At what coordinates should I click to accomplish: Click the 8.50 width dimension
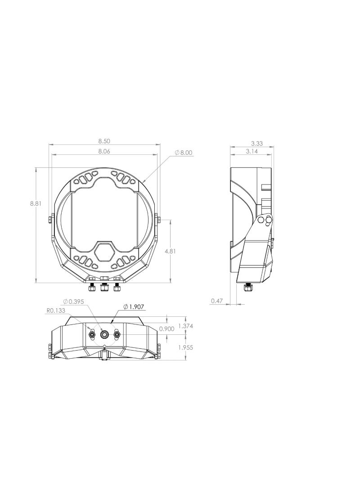pos(104,141)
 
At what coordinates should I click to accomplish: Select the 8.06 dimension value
pos(104,151)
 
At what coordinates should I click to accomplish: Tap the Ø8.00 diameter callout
pos(184,153)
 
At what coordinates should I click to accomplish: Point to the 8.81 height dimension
pos(36,203)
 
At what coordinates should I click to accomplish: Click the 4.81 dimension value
pos(176,251)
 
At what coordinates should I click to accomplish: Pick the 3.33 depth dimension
pos(256,144)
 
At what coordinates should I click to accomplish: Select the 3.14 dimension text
pos(252,151)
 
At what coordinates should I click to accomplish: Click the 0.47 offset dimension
pos(216,301)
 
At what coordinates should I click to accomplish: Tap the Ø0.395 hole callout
pos(74,301)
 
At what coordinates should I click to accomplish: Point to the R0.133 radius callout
pos(56,311)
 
